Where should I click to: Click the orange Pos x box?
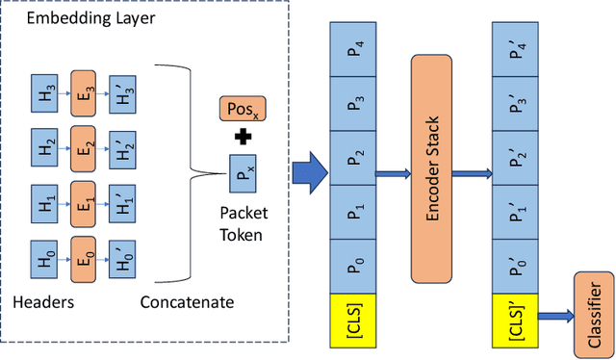[x=243, y=109]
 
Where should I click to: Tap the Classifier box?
[x=592, y=311]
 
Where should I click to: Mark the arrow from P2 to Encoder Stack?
[x=396, y=173]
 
